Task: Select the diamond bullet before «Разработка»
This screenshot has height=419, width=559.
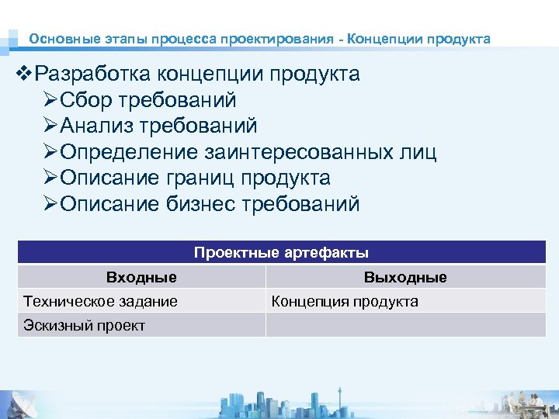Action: pyautogui.click(x=25, y=74)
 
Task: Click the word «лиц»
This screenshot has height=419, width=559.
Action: pyautogui.click(x=416, y=152)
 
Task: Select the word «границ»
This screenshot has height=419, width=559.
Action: pyautogui.click(x=200, y=178)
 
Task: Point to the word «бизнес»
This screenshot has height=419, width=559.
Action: pyautogui.click(x=201, y=205)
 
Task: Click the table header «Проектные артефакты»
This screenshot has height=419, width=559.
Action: pyautogui.click(x=281, y=253)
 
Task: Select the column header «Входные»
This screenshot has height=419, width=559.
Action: pyautogui.click(x=141, y=277)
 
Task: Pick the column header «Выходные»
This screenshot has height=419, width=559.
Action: pyautogui.click(x=405, y=277)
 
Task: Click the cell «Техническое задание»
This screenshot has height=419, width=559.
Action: pyautogui.click(x=101, y=301)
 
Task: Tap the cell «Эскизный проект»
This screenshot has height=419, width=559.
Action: pyautogui.click(x=85, y=325)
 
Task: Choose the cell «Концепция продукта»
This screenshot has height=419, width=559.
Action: pyautogui.click(x=345, y=301)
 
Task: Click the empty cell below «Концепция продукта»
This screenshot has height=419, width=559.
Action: pyautogui.click(x=405, y=325)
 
